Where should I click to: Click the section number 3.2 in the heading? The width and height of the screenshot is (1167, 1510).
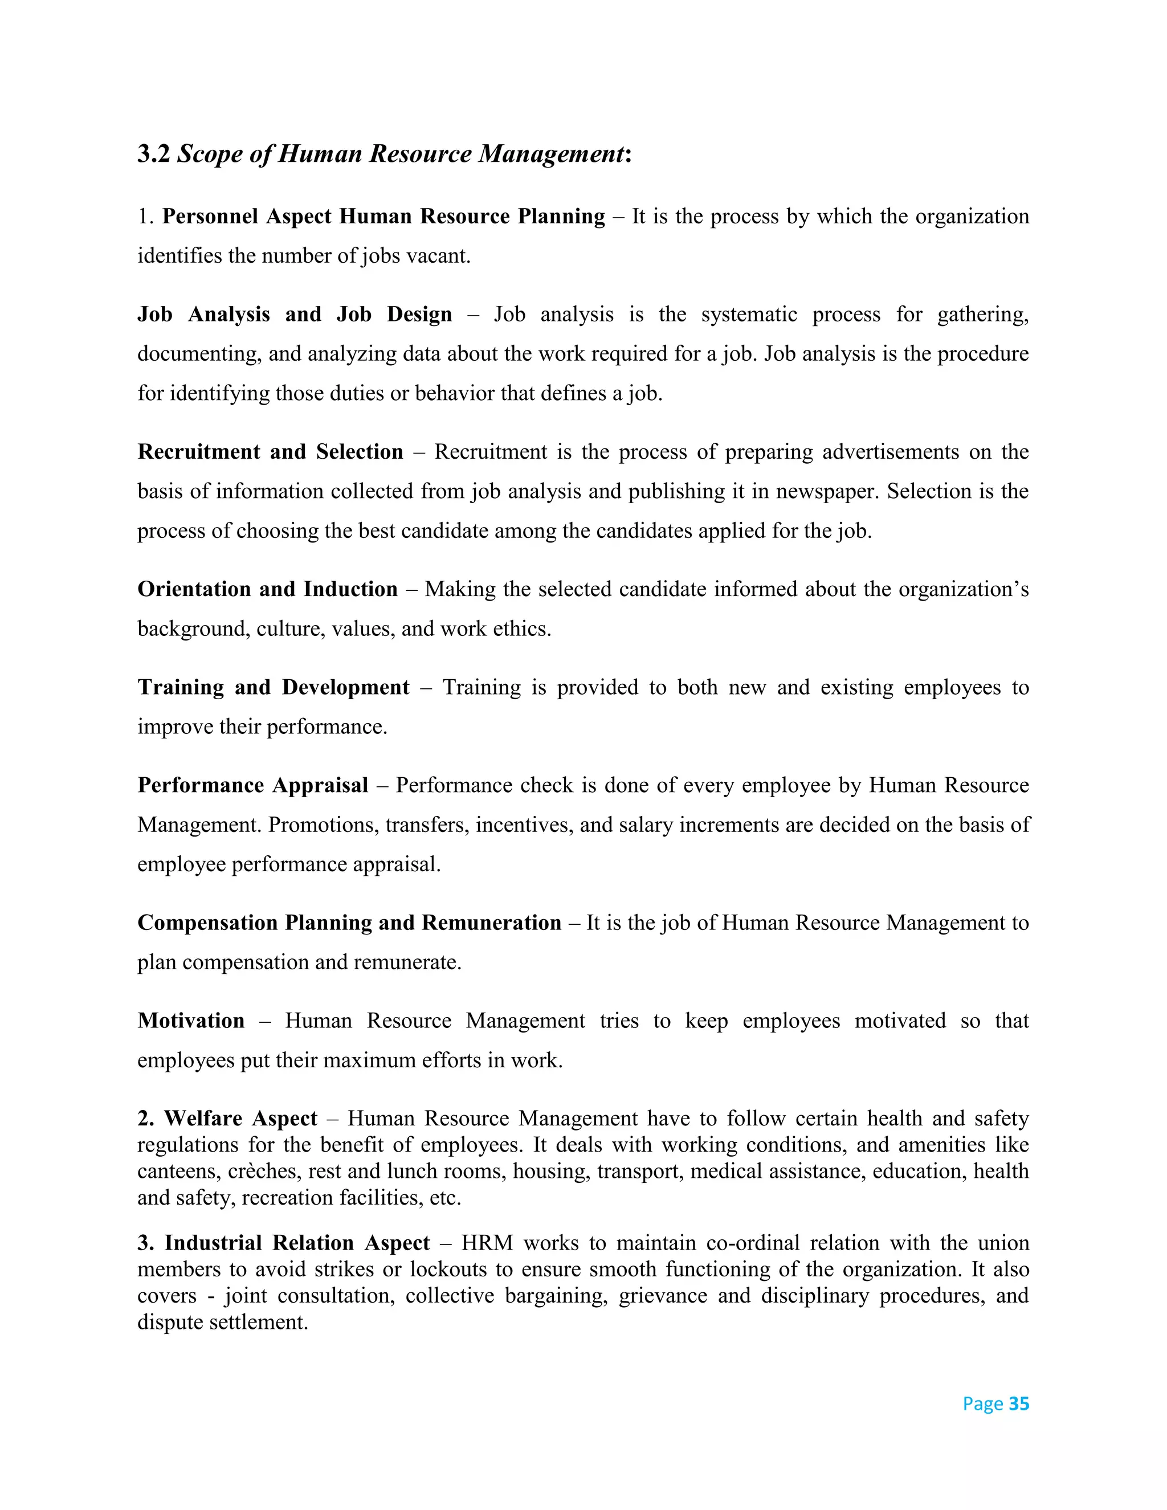(x=153, y=153)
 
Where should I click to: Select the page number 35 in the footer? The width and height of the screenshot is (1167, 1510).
(x=1018, y=1404)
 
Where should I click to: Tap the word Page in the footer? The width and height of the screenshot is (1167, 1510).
(x=982, y=1404)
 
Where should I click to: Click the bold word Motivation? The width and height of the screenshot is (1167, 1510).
(x=191, y=1021)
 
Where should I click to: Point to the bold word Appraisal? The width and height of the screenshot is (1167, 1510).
(x=320, y=785)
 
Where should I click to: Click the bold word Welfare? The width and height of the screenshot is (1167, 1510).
(x=204, y=1119)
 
